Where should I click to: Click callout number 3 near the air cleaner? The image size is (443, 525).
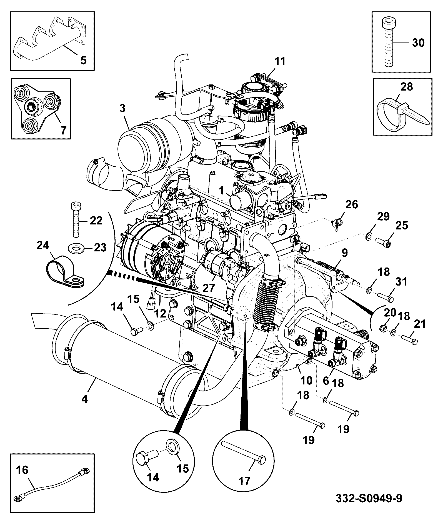click(122, 108)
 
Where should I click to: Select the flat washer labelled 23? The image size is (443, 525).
click(76, 248)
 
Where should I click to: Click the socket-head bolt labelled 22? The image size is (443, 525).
click(75, 219)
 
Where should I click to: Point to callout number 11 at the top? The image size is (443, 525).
click(280, 61)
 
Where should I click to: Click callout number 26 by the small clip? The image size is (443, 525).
click(352, 205)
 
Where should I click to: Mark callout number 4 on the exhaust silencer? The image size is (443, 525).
click(84, 399)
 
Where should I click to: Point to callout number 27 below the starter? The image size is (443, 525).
click(208, 288)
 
